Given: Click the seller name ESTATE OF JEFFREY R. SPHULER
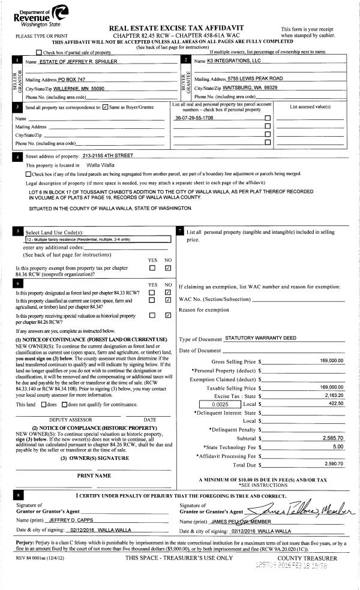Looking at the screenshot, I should [x=77, y=62].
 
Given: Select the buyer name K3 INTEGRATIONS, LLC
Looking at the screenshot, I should [x=235, y=61].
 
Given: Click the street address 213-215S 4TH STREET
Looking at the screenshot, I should [x=108, y=156].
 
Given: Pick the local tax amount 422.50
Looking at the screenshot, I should [x=334, y=405].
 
